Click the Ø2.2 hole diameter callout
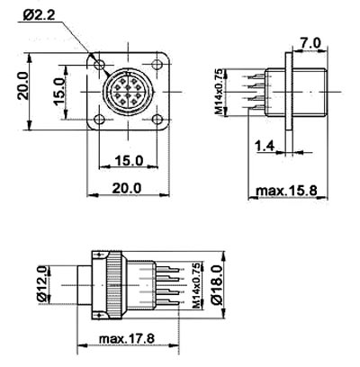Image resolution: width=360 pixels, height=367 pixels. [39, 15]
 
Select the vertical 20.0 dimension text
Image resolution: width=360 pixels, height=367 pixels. [23, 85]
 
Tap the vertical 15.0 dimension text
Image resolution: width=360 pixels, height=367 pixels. [59, 92]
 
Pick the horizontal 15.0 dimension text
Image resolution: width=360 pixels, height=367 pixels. [129, 161]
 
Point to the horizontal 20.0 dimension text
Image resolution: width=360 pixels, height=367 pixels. [127, 188]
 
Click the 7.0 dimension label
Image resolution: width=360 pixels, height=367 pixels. [310, 43]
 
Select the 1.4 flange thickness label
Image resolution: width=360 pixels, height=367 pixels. [265, 147]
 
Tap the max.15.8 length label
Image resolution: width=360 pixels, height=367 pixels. [287, 191]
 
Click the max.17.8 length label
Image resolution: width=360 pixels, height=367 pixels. [127, 339]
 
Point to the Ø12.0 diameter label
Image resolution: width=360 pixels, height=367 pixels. [42, 283]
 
